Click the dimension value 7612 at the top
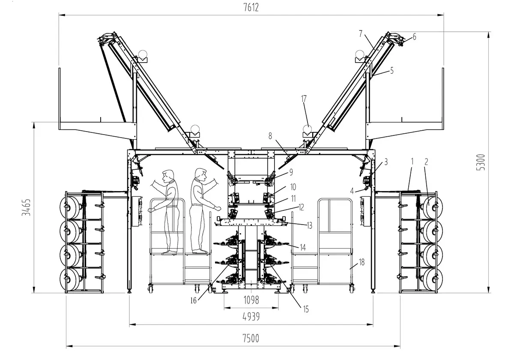(x=251, y=8)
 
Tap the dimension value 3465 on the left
(x=27, y=207)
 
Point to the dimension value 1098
(x=251, y=300)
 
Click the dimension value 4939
(x=251, y=317)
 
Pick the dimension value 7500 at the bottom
(x=251, y=338)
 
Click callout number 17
(x=304, y=99)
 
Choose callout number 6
(x=414, y=36)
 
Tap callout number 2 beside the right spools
(x=426, y=162)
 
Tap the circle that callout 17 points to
(x=307, y=129)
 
